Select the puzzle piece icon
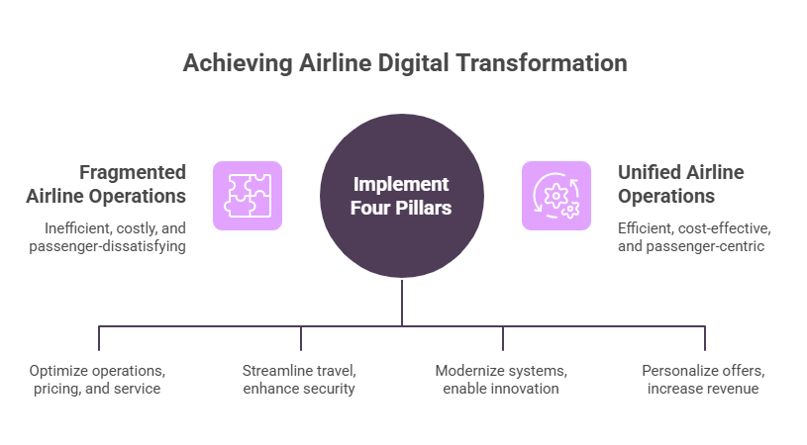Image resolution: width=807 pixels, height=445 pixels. pos(248,196)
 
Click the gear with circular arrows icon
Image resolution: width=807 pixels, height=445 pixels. pos(556,196)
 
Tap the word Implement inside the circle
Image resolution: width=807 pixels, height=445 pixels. pos(402,184)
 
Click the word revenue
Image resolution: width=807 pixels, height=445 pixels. pos(734,389)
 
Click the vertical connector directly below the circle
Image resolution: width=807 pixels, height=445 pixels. pos(402,302)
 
